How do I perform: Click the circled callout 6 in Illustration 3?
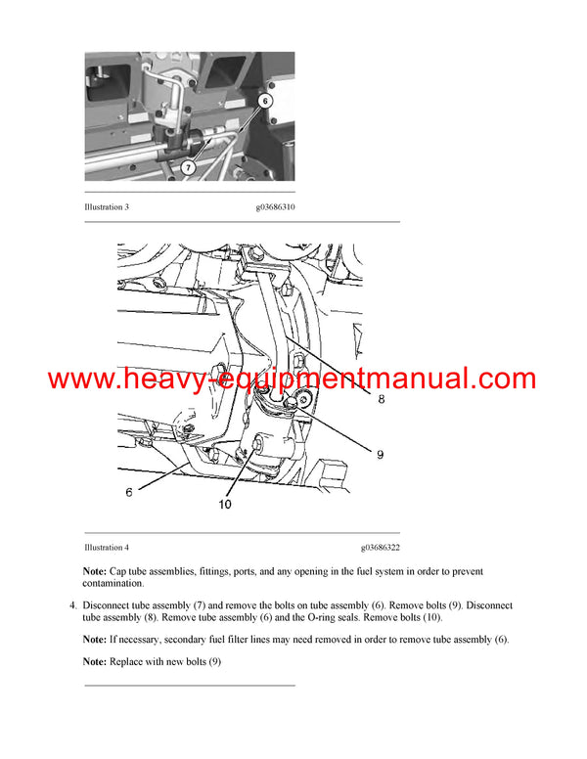coord(265,101)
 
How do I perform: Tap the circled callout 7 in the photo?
coord(187,167)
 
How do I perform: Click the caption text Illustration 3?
coord(107,207)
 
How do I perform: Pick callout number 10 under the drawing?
coord(225,506)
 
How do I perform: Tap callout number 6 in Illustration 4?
coord(129,492)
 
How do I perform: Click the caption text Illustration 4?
coord(107,548)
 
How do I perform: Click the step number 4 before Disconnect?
coord(72,605)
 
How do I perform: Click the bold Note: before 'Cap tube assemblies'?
coord(95,571)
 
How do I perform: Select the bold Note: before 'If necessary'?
coord(95,639)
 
